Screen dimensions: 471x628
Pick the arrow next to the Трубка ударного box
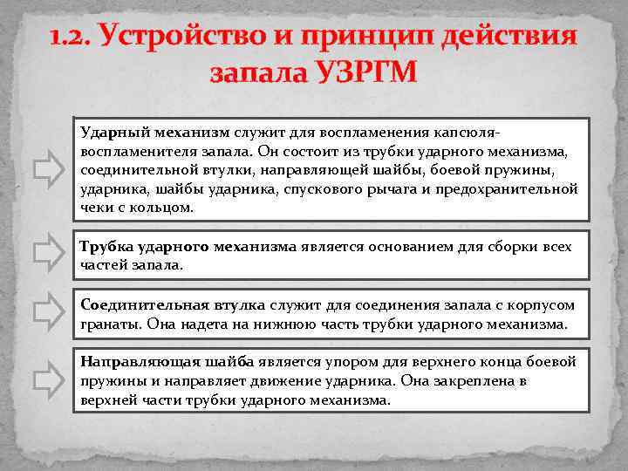48,255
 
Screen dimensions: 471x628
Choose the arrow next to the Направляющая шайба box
48,380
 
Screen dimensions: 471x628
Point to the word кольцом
164,208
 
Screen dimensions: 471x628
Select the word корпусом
543,304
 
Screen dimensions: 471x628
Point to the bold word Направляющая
136,361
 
